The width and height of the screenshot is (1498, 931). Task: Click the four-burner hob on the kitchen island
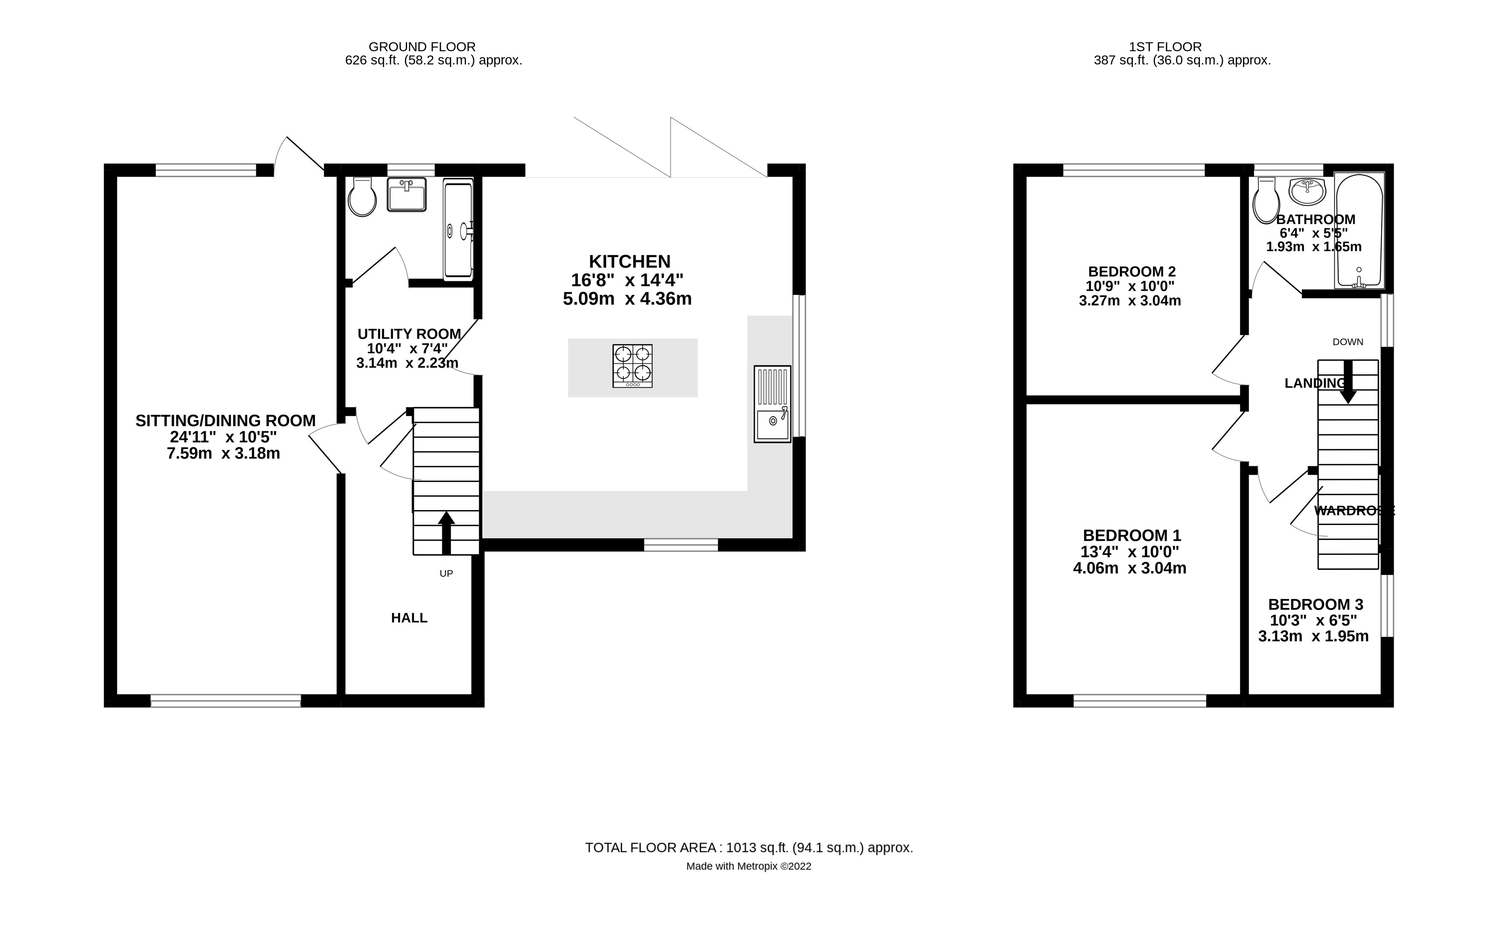click(x=632, y=366)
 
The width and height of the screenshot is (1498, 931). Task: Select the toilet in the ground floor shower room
click(x=362, y=197)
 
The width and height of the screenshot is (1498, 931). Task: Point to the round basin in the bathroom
click(x=1307, y=192)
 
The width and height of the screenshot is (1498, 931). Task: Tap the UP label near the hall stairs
click(x=446, y=573)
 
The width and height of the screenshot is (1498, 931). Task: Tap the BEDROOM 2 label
click(x=1132, y=271)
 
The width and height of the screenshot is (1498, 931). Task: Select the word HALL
click(x=409, y=618)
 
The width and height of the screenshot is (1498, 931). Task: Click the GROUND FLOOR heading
click(x=422, y=47)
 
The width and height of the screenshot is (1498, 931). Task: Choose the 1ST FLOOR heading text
click(x=1165, y=47)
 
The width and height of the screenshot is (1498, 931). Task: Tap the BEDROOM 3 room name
click(x=1315, y=604)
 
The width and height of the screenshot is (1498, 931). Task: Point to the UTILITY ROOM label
click(x=409, y=334)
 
